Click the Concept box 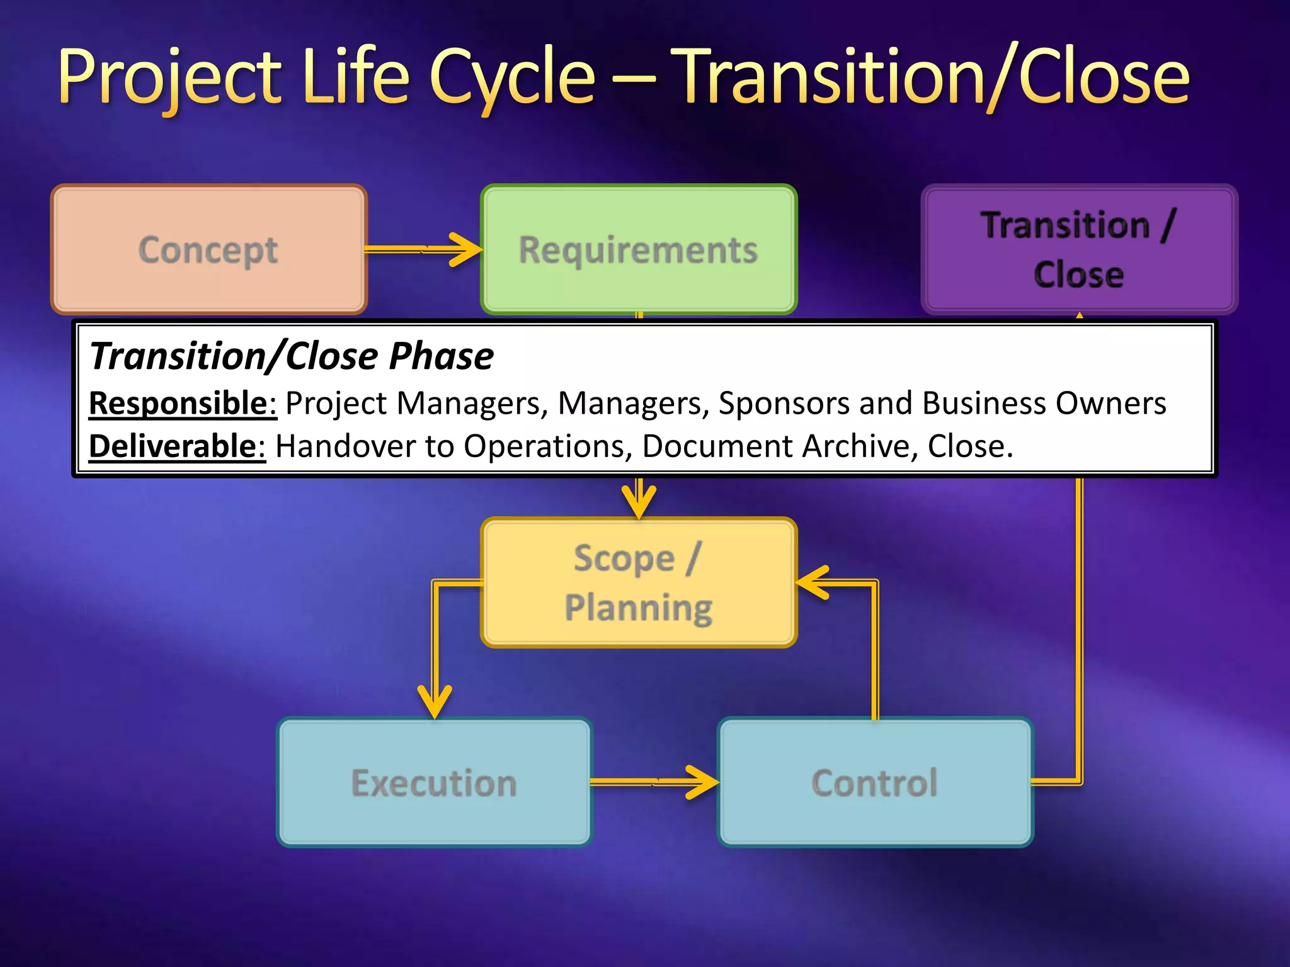(x=208, y=250)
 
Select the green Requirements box (x=639, y=250)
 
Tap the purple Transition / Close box (x=1079, y=250)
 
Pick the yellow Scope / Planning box (x=639, y=582)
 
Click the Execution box (x=434, y=783)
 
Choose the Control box (x=875, y=783)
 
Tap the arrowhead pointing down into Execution (x=435, y=704)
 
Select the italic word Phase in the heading (x=441, y=356)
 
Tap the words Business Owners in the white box (x=1044, y=403)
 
